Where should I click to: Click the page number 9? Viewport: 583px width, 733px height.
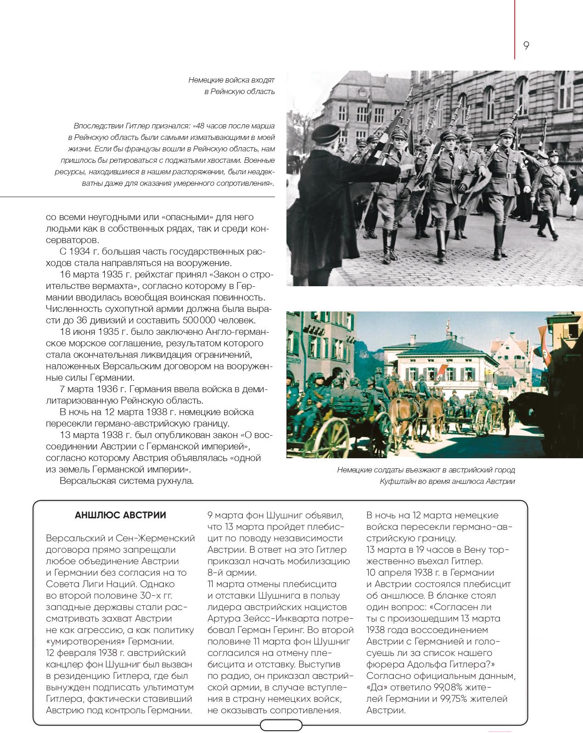point(526,45)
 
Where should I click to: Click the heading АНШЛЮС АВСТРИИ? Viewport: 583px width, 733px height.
point(120,515)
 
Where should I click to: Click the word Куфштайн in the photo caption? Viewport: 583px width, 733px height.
point(398,481)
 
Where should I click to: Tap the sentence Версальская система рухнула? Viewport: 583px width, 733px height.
point(127,481)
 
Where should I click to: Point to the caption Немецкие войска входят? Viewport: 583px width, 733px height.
point(231,80)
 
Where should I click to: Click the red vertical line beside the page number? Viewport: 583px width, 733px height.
point(515,29)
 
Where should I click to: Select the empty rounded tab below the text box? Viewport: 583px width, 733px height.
point(281,725)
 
